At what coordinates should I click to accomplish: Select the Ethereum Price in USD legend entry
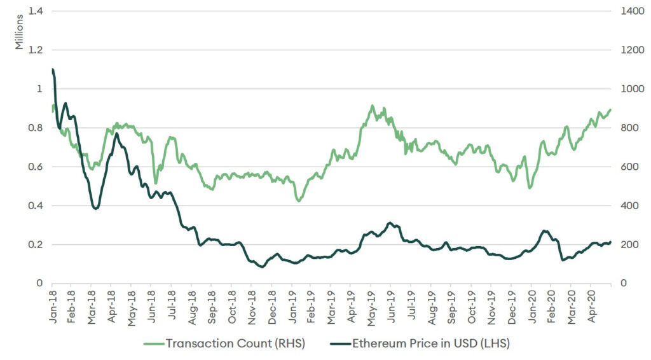click(420, 343)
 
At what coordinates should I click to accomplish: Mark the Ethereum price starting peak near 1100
click(52, 69)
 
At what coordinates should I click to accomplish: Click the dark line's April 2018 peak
click(117, 134)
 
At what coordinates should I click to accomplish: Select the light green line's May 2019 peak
click(373, 106)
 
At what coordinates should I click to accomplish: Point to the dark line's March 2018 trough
click(95, 208)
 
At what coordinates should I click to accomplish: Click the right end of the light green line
click(610, 109)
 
